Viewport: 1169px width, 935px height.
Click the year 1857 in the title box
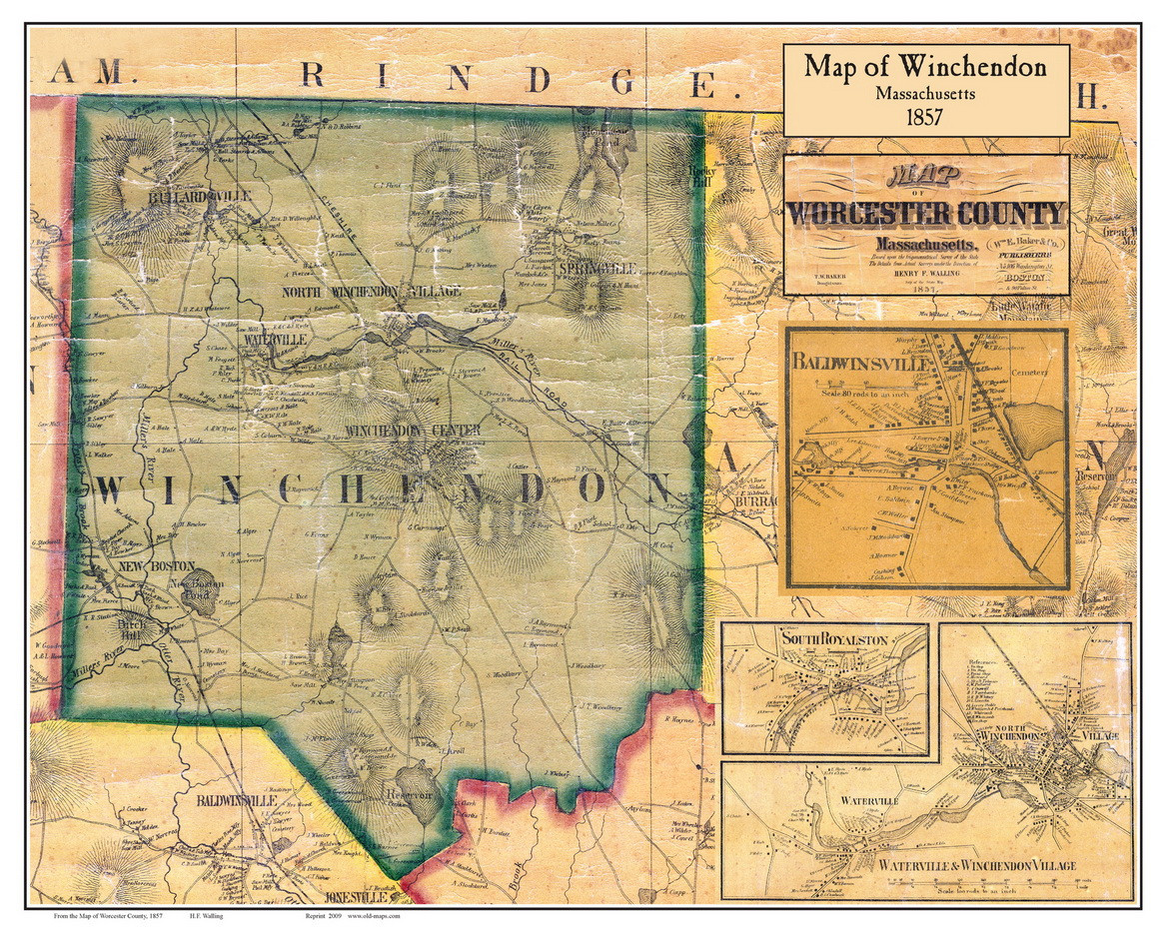tap(925, 116)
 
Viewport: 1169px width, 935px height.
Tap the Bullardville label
tap(197, 197)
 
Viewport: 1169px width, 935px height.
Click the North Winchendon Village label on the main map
tap(372, 292)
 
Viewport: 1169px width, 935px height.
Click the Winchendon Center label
tap(412, 431)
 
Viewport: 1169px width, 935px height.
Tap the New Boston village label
tap(142, 566)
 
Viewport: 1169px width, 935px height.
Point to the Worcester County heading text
tap(925, 213)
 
